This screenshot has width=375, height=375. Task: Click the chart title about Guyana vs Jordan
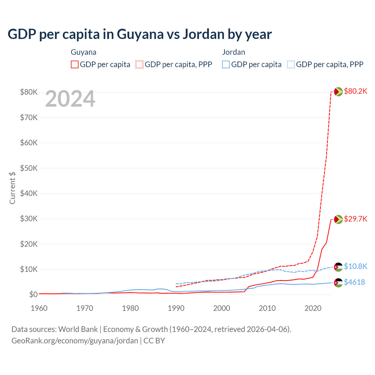[139, 34]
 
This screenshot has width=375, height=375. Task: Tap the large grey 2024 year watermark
[70, 99]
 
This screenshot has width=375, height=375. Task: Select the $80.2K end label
[355, 91]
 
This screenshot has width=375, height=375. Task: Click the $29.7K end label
[355, 219]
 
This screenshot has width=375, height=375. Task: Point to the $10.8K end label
[355, 266]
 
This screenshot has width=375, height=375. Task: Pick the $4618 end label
[354, 282]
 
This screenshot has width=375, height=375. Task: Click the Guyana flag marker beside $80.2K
[338, 92]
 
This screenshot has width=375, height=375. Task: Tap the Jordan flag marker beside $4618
[338, 283]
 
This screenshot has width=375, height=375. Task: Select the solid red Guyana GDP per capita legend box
[75, 64]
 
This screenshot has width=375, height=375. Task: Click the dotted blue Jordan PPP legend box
[291, 64]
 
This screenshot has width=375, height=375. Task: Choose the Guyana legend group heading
[83, 52]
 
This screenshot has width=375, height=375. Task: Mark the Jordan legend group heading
[233, 52]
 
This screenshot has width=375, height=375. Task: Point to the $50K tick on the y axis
[29, 168]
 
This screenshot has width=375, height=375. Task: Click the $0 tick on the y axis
[33, 294]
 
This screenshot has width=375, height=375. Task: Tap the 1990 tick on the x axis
[176, 308]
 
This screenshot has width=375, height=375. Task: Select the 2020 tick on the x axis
[313, 308]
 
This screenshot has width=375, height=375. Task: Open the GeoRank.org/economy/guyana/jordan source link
[75, 341]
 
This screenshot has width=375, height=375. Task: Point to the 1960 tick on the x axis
[39, 308]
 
